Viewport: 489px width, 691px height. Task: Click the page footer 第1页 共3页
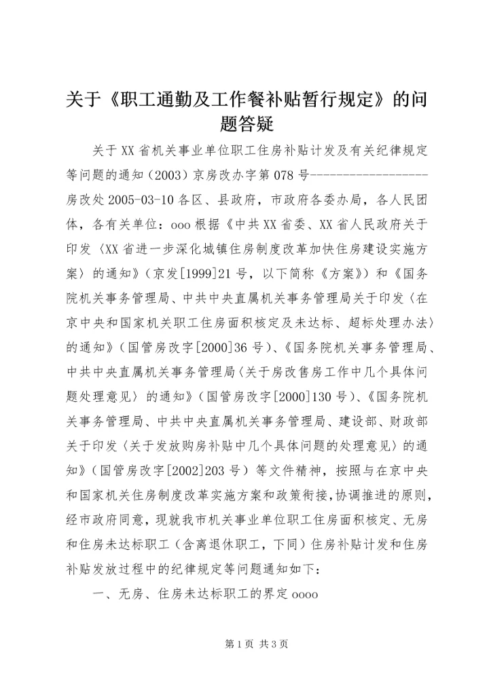[244, 644]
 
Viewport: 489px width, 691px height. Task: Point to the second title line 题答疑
[244, 123]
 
